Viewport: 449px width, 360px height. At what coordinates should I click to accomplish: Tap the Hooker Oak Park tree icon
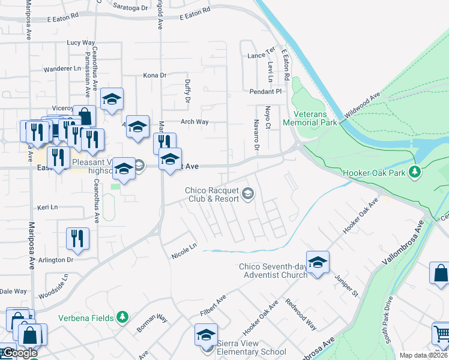(x=414, y=173)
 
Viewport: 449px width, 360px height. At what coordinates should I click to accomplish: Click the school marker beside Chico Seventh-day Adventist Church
(x=318, y=262)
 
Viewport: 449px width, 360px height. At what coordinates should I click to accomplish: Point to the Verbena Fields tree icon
(x=122, y=317)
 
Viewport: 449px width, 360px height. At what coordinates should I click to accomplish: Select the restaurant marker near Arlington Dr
(x=78, y=238)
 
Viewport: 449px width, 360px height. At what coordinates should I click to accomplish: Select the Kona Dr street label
(x=154, y=75)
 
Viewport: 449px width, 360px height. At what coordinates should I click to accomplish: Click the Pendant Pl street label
(x=265, y=92)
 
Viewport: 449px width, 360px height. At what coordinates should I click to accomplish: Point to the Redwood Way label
(x=301, y=314)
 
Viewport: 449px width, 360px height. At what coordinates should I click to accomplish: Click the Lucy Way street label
(x=81, y=43)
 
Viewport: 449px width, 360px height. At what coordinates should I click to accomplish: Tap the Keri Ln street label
(x=47, y=207)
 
